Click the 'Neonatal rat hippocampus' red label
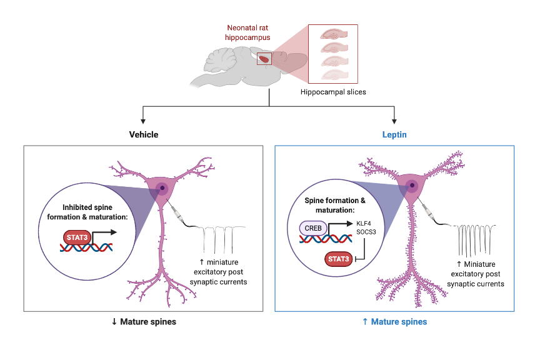pyautogui.click(x=248, y=32)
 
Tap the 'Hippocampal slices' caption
pyautogui.click(x=332, y=92)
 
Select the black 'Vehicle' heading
pyautogui.click(x=144, y=134)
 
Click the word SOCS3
pyautogui.click(x=366, y=232)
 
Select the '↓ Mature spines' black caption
pyautogui.click(x=144, y=322)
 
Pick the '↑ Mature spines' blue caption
pyautogui.click(x=394, y=322)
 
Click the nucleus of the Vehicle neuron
pyautogui.click(x=162, y=187)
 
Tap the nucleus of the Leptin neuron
pyautogui.click(x=412, y=185)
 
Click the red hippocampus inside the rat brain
pyautogui.click(x=264, y=59)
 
